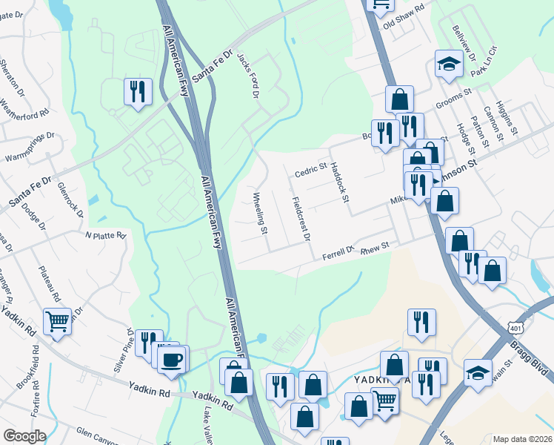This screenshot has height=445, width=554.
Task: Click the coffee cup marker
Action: point(172,360)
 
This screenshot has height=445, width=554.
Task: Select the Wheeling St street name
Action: point(259,214)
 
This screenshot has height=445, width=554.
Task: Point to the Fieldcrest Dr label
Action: point(300,219)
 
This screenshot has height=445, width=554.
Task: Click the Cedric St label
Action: point(310,171)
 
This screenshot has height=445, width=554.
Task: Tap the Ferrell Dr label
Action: point(339,254)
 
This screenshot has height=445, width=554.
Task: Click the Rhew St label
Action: point(374,248)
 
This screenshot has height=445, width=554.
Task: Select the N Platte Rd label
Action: point(105,235)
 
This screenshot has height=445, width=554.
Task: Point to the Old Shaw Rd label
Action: point(403,16)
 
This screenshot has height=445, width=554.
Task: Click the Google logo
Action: point(24,436)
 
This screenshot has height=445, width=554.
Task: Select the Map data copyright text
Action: point(522,439)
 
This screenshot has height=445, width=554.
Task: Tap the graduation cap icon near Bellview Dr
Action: point(448,65)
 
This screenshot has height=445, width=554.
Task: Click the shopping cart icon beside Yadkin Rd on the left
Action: point(57,322)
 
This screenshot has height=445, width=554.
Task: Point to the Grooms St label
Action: point(454,99)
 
